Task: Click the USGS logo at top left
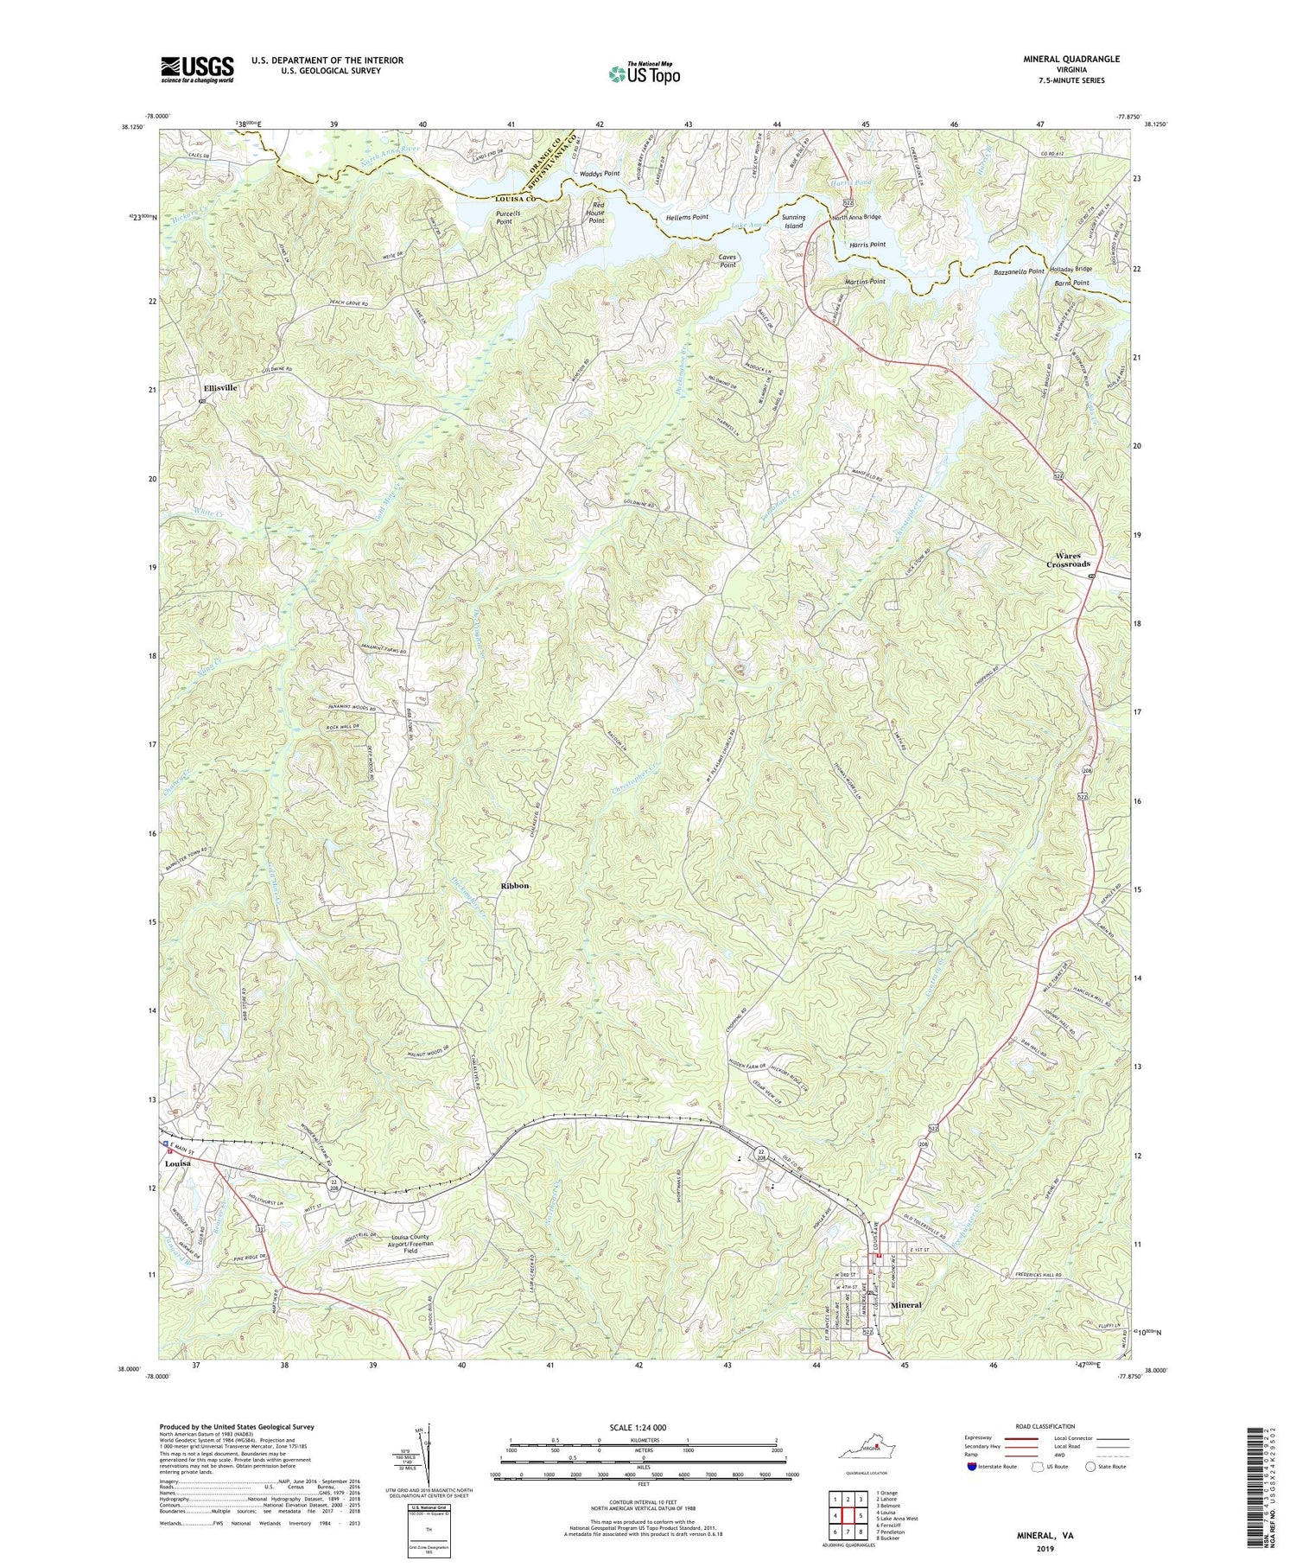click(197, 69)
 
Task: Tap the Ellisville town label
click(220, 388)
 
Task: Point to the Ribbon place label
click(514, 886)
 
